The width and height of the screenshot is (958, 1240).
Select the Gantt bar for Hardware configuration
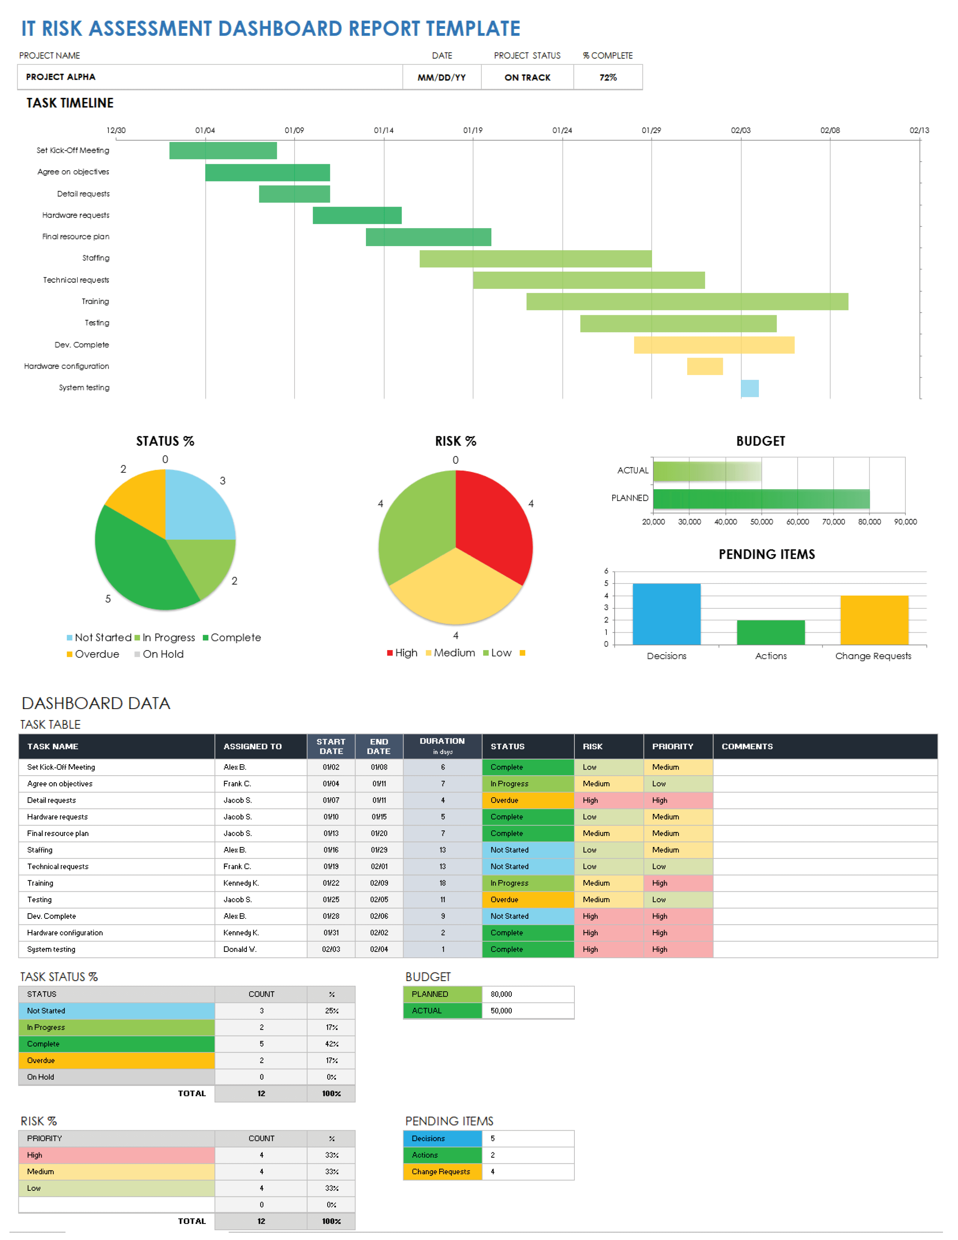(x=704, y=366)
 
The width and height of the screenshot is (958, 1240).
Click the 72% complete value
(x=608, y=77)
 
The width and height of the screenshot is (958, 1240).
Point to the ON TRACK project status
(x=527, y=77)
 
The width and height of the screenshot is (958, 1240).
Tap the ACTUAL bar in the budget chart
(x=707, y=471)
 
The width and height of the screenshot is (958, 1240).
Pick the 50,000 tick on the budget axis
(x=761, y=522)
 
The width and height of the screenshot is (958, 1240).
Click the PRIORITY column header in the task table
(x=672, y=747)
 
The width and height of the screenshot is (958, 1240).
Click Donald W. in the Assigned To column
(x=240, y=949)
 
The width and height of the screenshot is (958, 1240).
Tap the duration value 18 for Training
(x=442, y=883)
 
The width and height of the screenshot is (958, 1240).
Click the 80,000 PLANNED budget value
(x=501, y=994)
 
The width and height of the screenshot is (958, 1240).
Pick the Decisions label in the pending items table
(x=429, y=1139)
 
